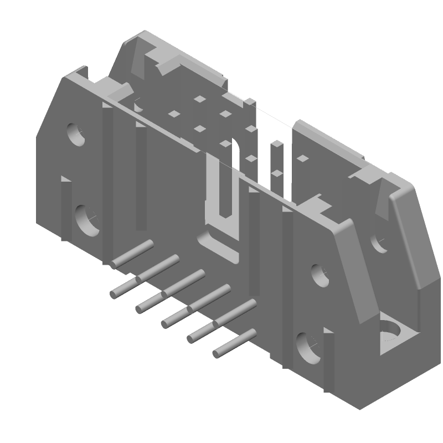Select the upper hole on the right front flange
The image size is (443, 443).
click(320, 274)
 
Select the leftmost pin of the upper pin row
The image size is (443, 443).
click(132, 254)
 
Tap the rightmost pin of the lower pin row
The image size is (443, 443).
click(235, 343)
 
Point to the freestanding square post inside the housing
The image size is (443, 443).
click(275, 161)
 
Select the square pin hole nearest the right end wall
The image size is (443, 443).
click(302, 158)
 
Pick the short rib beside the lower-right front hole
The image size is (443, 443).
click(329, 360)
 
